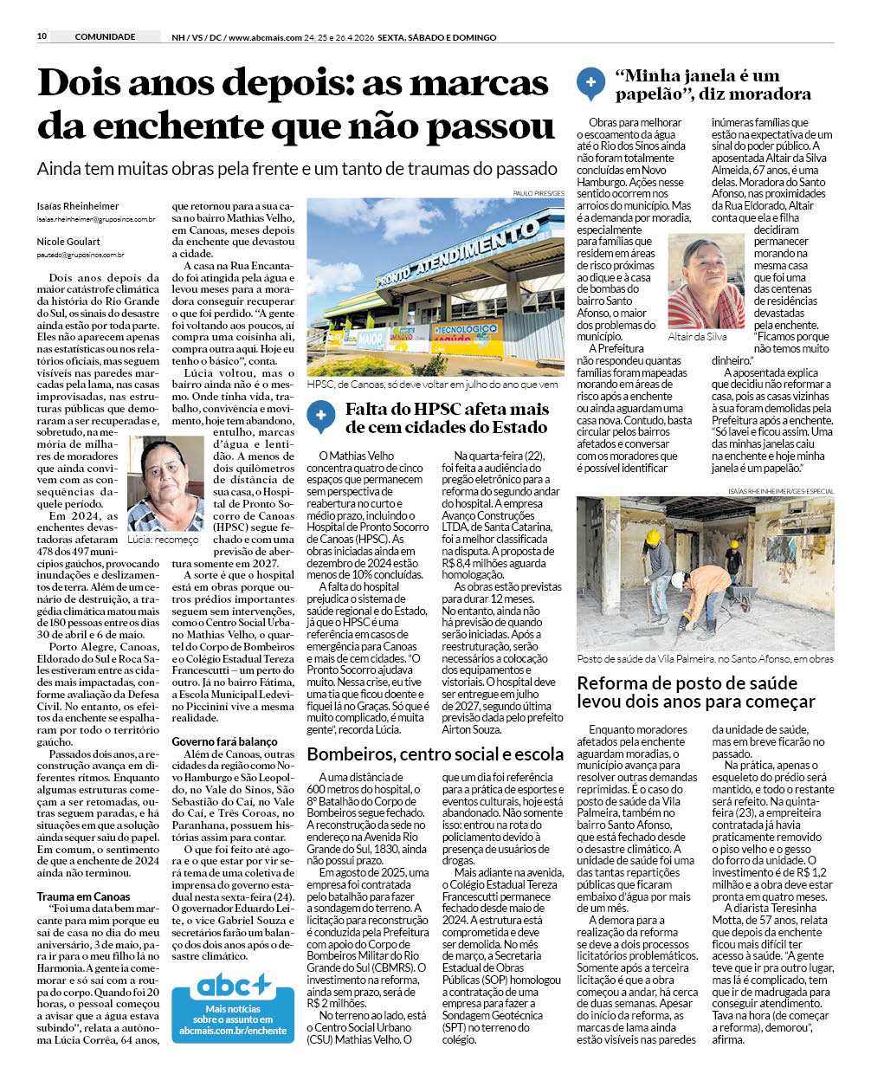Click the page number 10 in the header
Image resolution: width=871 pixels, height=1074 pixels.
42,36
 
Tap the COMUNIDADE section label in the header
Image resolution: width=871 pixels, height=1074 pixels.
105,36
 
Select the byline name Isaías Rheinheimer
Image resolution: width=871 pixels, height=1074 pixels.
78,206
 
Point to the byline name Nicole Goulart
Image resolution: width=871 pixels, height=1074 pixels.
68,242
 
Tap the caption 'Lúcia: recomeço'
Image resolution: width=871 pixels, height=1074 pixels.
163,540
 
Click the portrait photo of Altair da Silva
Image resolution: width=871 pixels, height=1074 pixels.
706,281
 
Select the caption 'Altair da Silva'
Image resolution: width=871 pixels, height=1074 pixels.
697,337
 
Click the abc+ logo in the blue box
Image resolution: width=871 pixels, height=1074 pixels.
234,985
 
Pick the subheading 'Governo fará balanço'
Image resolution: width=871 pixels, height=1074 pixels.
224,741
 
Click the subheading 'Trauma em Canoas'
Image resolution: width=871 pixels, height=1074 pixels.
84,896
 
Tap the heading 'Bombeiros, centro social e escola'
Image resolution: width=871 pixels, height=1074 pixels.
435,754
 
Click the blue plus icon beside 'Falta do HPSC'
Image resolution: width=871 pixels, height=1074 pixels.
320,416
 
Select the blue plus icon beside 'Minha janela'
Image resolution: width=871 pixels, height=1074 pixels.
590,82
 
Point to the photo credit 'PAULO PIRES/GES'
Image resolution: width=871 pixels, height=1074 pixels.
539,193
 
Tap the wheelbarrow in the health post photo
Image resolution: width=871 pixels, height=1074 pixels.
736,598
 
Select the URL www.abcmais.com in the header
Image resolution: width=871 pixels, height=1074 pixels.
265,37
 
